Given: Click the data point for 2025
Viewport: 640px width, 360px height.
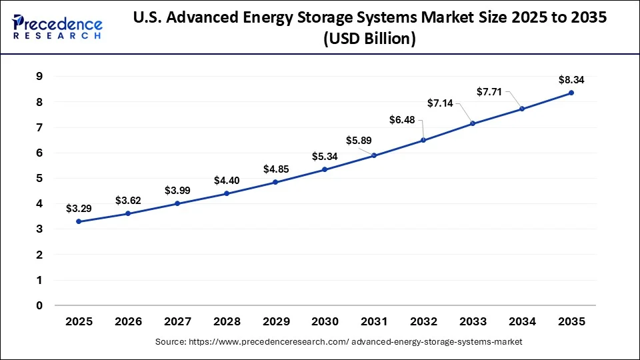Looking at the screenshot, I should tap(79, 221).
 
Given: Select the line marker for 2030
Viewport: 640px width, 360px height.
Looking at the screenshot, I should tap(325, 169).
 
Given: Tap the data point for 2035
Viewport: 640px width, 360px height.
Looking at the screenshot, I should tap(571, 93).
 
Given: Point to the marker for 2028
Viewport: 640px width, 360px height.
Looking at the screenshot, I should tap(227, 193).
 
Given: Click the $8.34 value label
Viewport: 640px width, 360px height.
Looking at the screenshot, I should tap(571, 80).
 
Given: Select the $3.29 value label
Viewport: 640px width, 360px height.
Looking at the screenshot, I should tap(79, 209).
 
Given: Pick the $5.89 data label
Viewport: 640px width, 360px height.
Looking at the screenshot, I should tap(359, 140).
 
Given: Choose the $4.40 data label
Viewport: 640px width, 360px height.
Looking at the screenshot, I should tap(227, 180).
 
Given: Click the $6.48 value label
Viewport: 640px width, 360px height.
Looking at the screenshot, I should tap(403, 119).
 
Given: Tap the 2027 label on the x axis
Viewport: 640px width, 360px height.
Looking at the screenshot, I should tap(177, 322).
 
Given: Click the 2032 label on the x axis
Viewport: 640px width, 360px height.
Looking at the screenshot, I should tap(423, 322).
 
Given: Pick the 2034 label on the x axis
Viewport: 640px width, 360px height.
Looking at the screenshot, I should tap(522, 322).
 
